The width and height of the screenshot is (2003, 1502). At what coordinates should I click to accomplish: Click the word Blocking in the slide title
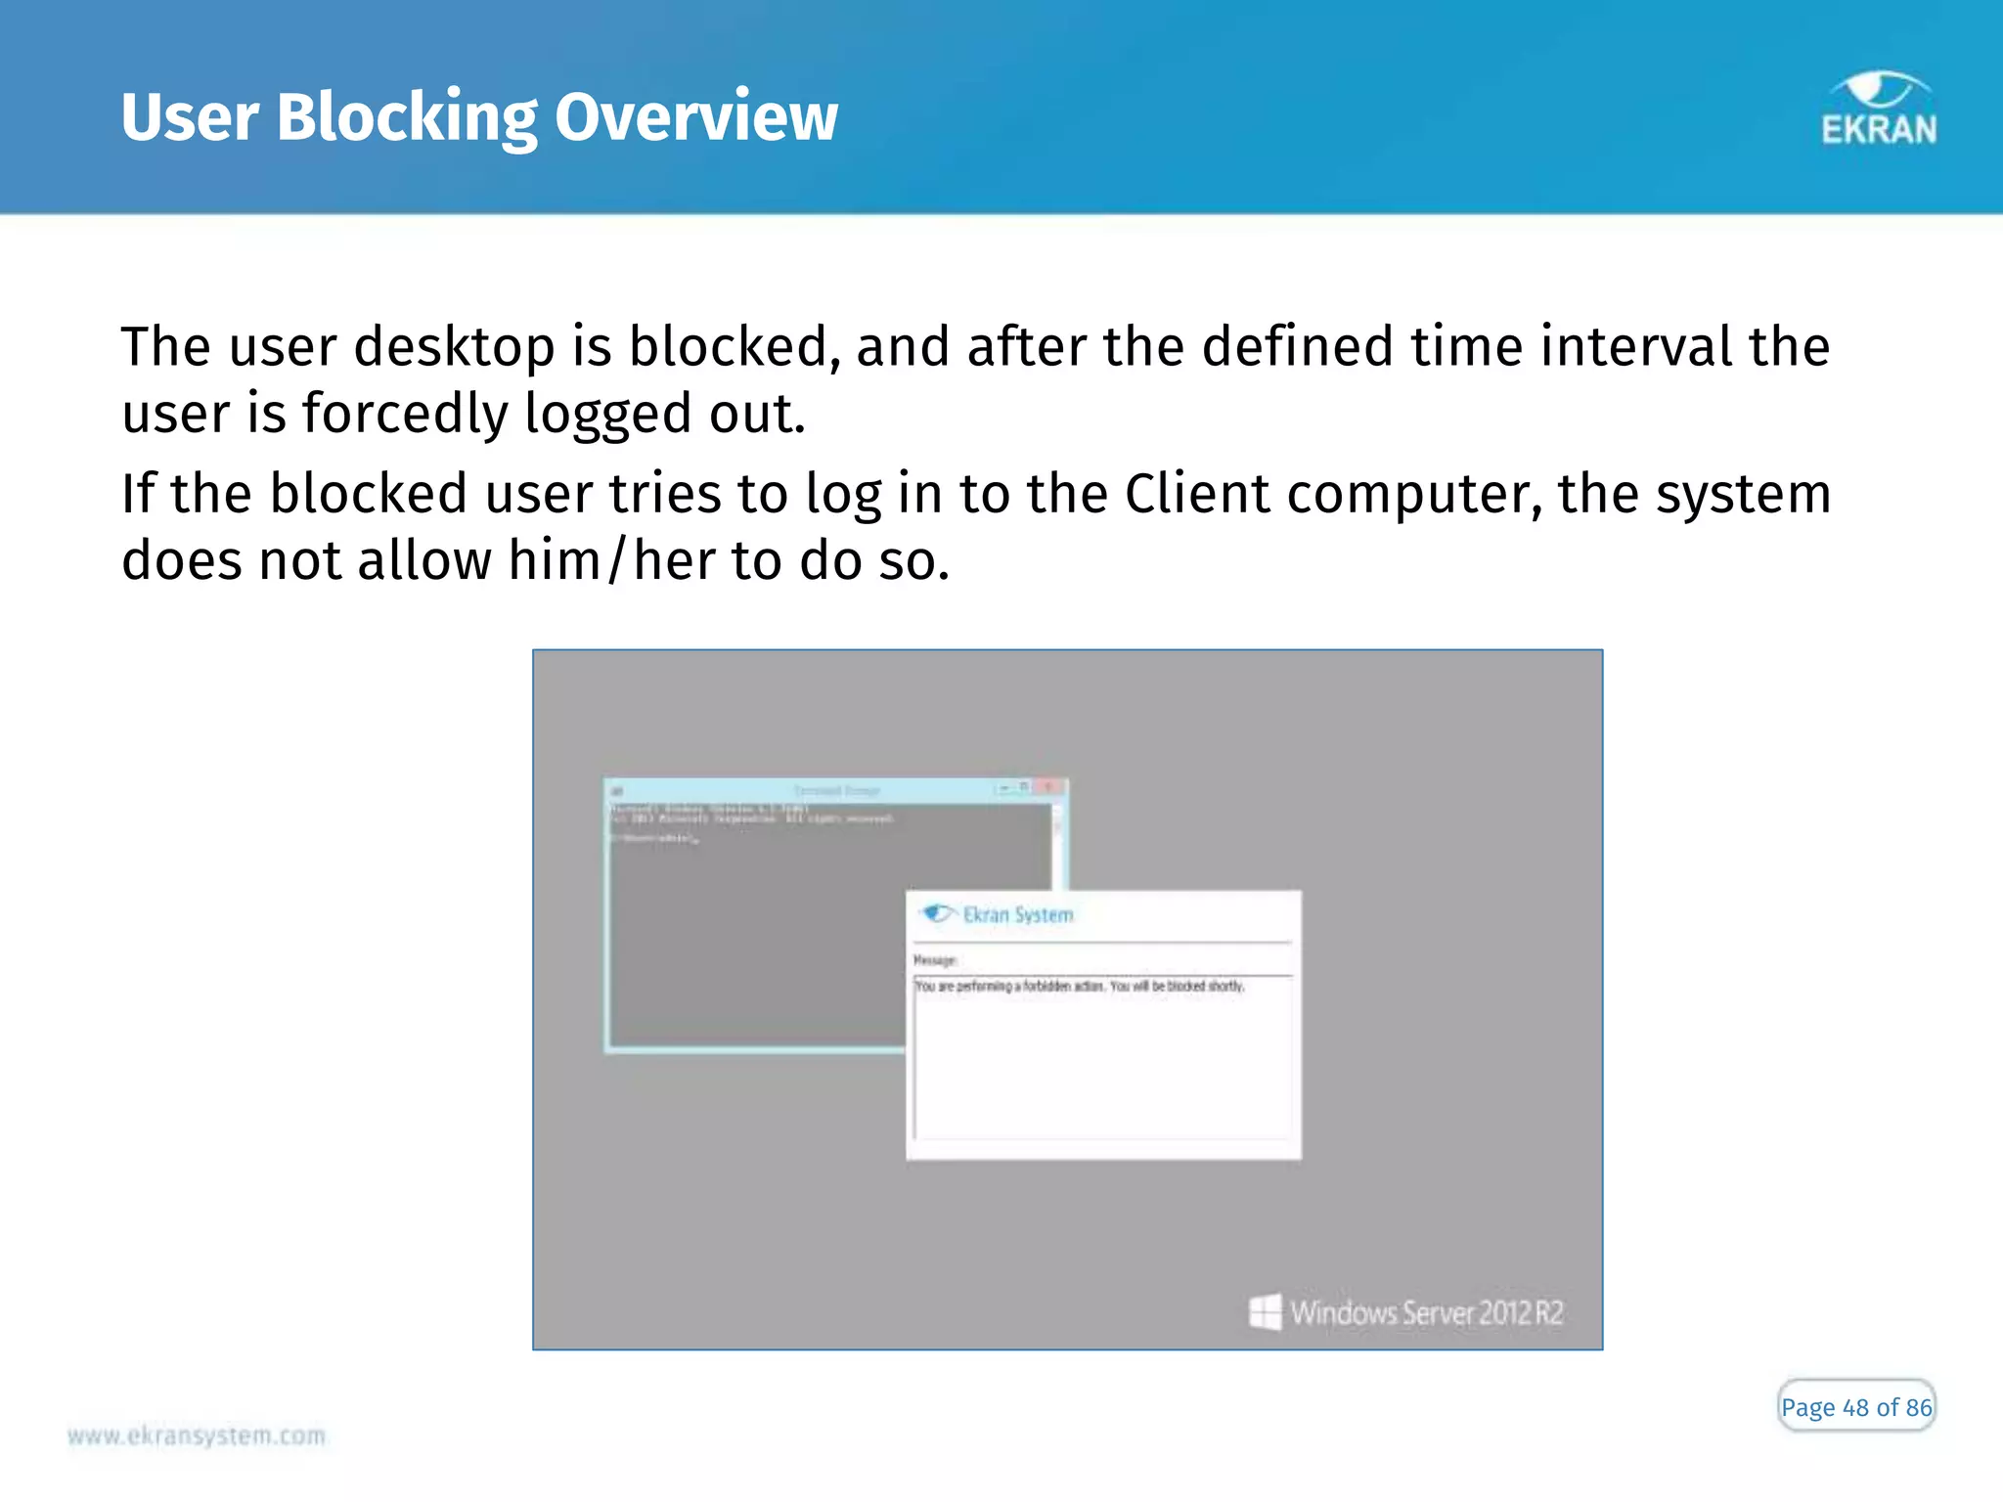click(x=406, y=117)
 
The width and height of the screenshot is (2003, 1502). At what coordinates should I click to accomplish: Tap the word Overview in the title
click(x=695, y=117)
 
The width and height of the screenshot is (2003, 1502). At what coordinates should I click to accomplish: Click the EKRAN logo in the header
click(x=1878, y=110)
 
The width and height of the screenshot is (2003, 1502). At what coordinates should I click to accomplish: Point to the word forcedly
click(x=405, y=414)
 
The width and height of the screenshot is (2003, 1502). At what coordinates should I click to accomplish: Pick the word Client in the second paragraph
click(x=1197, y=494)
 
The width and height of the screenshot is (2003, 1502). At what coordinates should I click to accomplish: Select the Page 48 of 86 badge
click(x=1855, y=1407)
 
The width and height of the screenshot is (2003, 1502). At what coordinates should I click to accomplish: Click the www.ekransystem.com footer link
click(x=197, y=1436)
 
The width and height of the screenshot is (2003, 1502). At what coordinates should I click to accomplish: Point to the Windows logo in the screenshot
click(x=1265, y=1312)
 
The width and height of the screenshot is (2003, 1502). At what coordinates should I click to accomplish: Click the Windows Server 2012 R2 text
click(x=1427, y=1312)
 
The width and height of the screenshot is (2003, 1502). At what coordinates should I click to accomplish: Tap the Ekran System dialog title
click(x=1018, y=915)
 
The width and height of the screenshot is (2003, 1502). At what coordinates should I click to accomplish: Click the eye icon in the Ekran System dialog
click(x=937, y=913)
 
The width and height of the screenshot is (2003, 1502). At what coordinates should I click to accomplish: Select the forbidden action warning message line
click(x=1079, y=987)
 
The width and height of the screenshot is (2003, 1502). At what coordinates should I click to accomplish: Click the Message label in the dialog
click(x=935, y=960)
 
